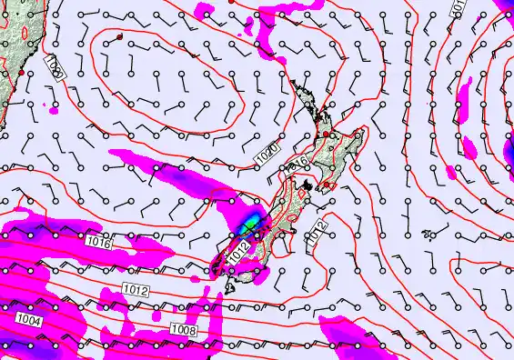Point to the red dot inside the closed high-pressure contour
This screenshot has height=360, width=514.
pos(119,36)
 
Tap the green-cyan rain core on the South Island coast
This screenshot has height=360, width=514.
pos(250,221)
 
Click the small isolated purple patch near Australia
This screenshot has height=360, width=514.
pos(53,110)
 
